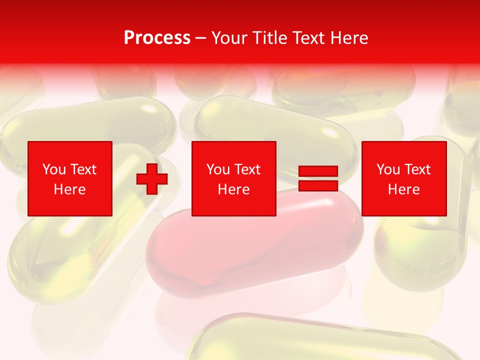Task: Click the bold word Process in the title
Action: [x=157, y=38]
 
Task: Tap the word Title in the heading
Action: [x=270, y=38]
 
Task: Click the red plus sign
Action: [x=152, y=179]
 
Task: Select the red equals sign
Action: [x=318, y=179]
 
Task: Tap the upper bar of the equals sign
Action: [x=318, y=172]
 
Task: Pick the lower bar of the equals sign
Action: [x=318, y=186]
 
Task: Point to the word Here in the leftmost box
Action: [x=69, y=189]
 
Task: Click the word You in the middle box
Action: [x=218, y=169]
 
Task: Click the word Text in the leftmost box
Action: [x=83, y=169]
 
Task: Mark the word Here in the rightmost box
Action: [x=403, y=189]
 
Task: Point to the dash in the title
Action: [x=201, y=38]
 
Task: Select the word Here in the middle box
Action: [x=233, y=189]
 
